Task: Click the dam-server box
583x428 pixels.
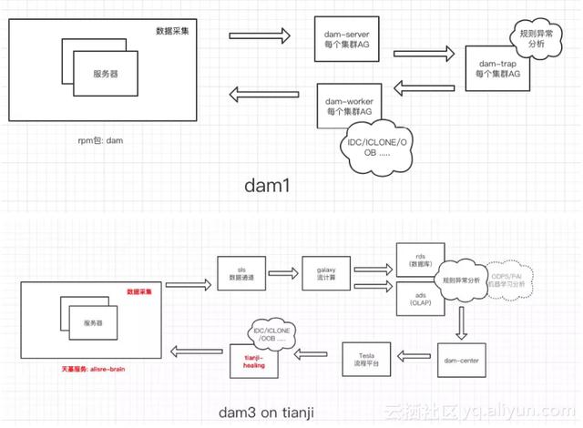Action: [x=346, y=39]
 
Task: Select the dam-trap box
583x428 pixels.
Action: [x=497, y=67]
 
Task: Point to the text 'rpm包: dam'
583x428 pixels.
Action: [x=102, y=142]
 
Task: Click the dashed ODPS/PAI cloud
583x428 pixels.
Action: [x=515, y=280]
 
